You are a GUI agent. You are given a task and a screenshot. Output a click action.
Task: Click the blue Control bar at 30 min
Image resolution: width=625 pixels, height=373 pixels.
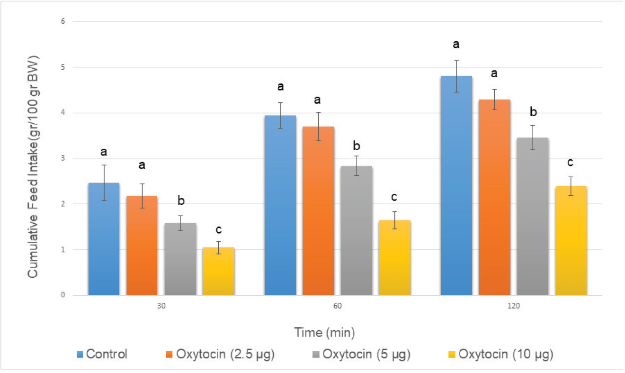104,239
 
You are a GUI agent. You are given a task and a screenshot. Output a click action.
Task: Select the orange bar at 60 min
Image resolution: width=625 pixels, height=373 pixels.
318,211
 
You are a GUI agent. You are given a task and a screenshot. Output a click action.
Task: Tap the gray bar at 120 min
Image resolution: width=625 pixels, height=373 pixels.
533,217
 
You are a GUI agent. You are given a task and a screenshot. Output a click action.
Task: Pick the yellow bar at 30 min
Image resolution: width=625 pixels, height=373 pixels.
218,272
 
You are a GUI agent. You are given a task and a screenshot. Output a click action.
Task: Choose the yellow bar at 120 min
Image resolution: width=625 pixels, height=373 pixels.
571,241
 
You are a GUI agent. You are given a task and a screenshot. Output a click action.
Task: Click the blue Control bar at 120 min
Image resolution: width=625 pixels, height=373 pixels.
456,185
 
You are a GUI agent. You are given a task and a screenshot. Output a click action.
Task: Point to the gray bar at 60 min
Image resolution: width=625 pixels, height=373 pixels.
357,231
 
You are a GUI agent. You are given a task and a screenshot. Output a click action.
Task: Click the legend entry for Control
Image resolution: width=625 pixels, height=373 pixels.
102,355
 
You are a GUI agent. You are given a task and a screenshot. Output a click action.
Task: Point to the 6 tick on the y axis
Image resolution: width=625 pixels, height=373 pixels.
63,21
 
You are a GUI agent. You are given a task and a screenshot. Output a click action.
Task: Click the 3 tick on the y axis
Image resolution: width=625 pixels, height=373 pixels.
63,158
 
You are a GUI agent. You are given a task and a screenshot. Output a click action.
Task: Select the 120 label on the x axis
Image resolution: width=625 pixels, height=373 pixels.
514,306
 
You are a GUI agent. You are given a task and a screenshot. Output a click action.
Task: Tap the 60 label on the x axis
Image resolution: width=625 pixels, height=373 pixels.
337,306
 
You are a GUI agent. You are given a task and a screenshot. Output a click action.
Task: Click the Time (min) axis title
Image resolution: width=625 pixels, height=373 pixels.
324,333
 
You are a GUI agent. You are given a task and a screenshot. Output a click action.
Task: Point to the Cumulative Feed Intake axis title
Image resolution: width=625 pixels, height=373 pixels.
33,167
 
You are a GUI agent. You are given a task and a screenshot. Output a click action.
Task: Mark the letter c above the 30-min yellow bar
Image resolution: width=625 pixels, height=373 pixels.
218,230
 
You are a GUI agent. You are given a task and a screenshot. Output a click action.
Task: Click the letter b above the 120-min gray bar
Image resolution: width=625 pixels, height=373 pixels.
533,112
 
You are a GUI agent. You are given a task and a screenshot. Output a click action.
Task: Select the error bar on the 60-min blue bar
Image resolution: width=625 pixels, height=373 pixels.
280,116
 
